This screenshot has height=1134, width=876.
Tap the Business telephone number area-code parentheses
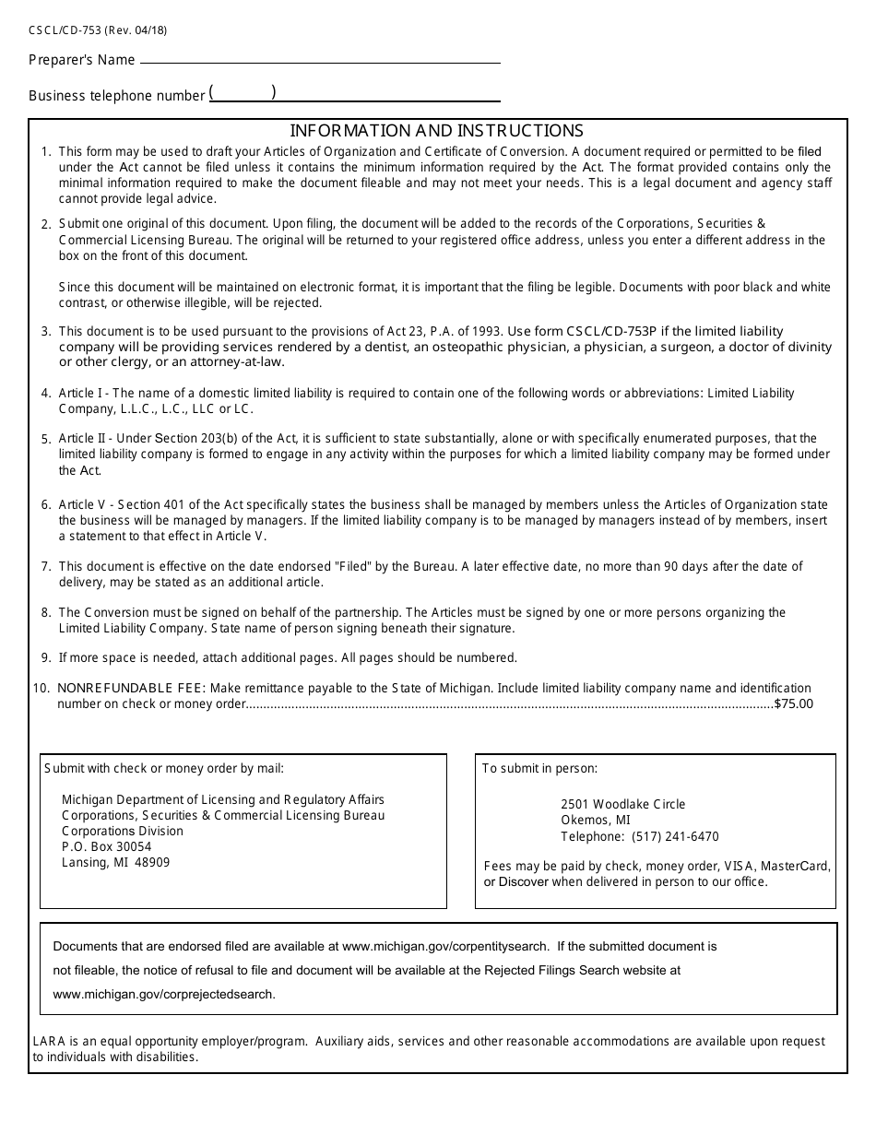point(243,93)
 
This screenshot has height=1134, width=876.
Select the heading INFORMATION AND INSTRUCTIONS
point(436,131)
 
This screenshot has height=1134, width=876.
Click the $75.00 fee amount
point(794,703)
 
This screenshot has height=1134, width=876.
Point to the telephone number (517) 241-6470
point(675,836)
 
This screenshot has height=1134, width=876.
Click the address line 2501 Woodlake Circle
point(622,804)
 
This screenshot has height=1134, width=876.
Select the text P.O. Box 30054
point(106,846)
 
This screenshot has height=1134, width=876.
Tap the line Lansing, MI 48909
point(115,862)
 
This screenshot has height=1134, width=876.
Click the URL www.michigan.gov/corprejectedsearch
point(164,994)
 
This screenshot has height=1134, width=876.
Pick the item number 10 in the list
point(41,688)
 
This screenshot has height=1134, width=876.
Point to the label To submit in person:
point(539,768)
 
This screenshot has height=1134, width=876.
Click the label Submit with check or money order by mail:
point(164,768)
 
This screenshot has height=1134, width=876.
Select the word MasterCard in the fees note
point(799,866)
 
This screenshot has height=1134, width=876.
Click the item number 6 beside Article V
point(45,505)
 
